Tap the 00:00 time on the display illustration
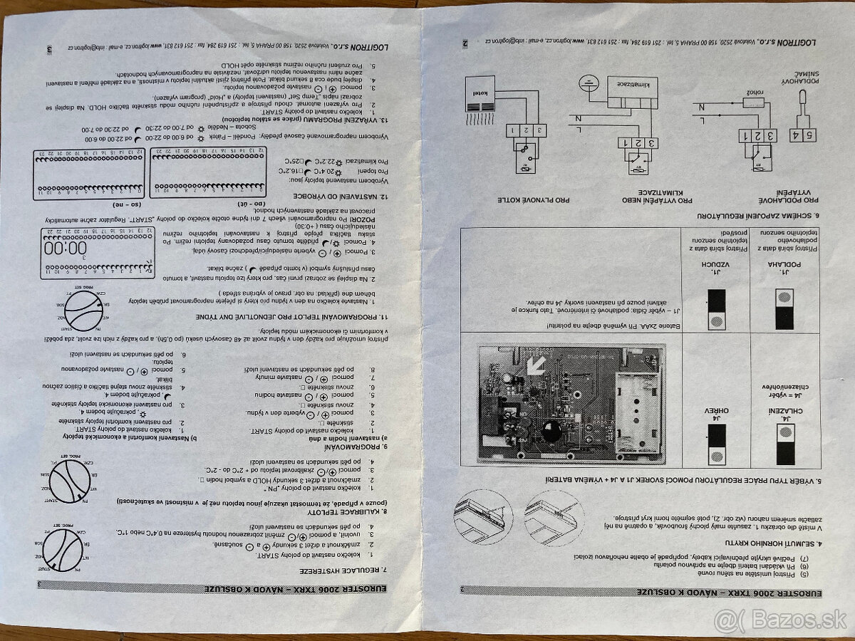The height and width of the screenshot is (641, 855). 64,249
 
